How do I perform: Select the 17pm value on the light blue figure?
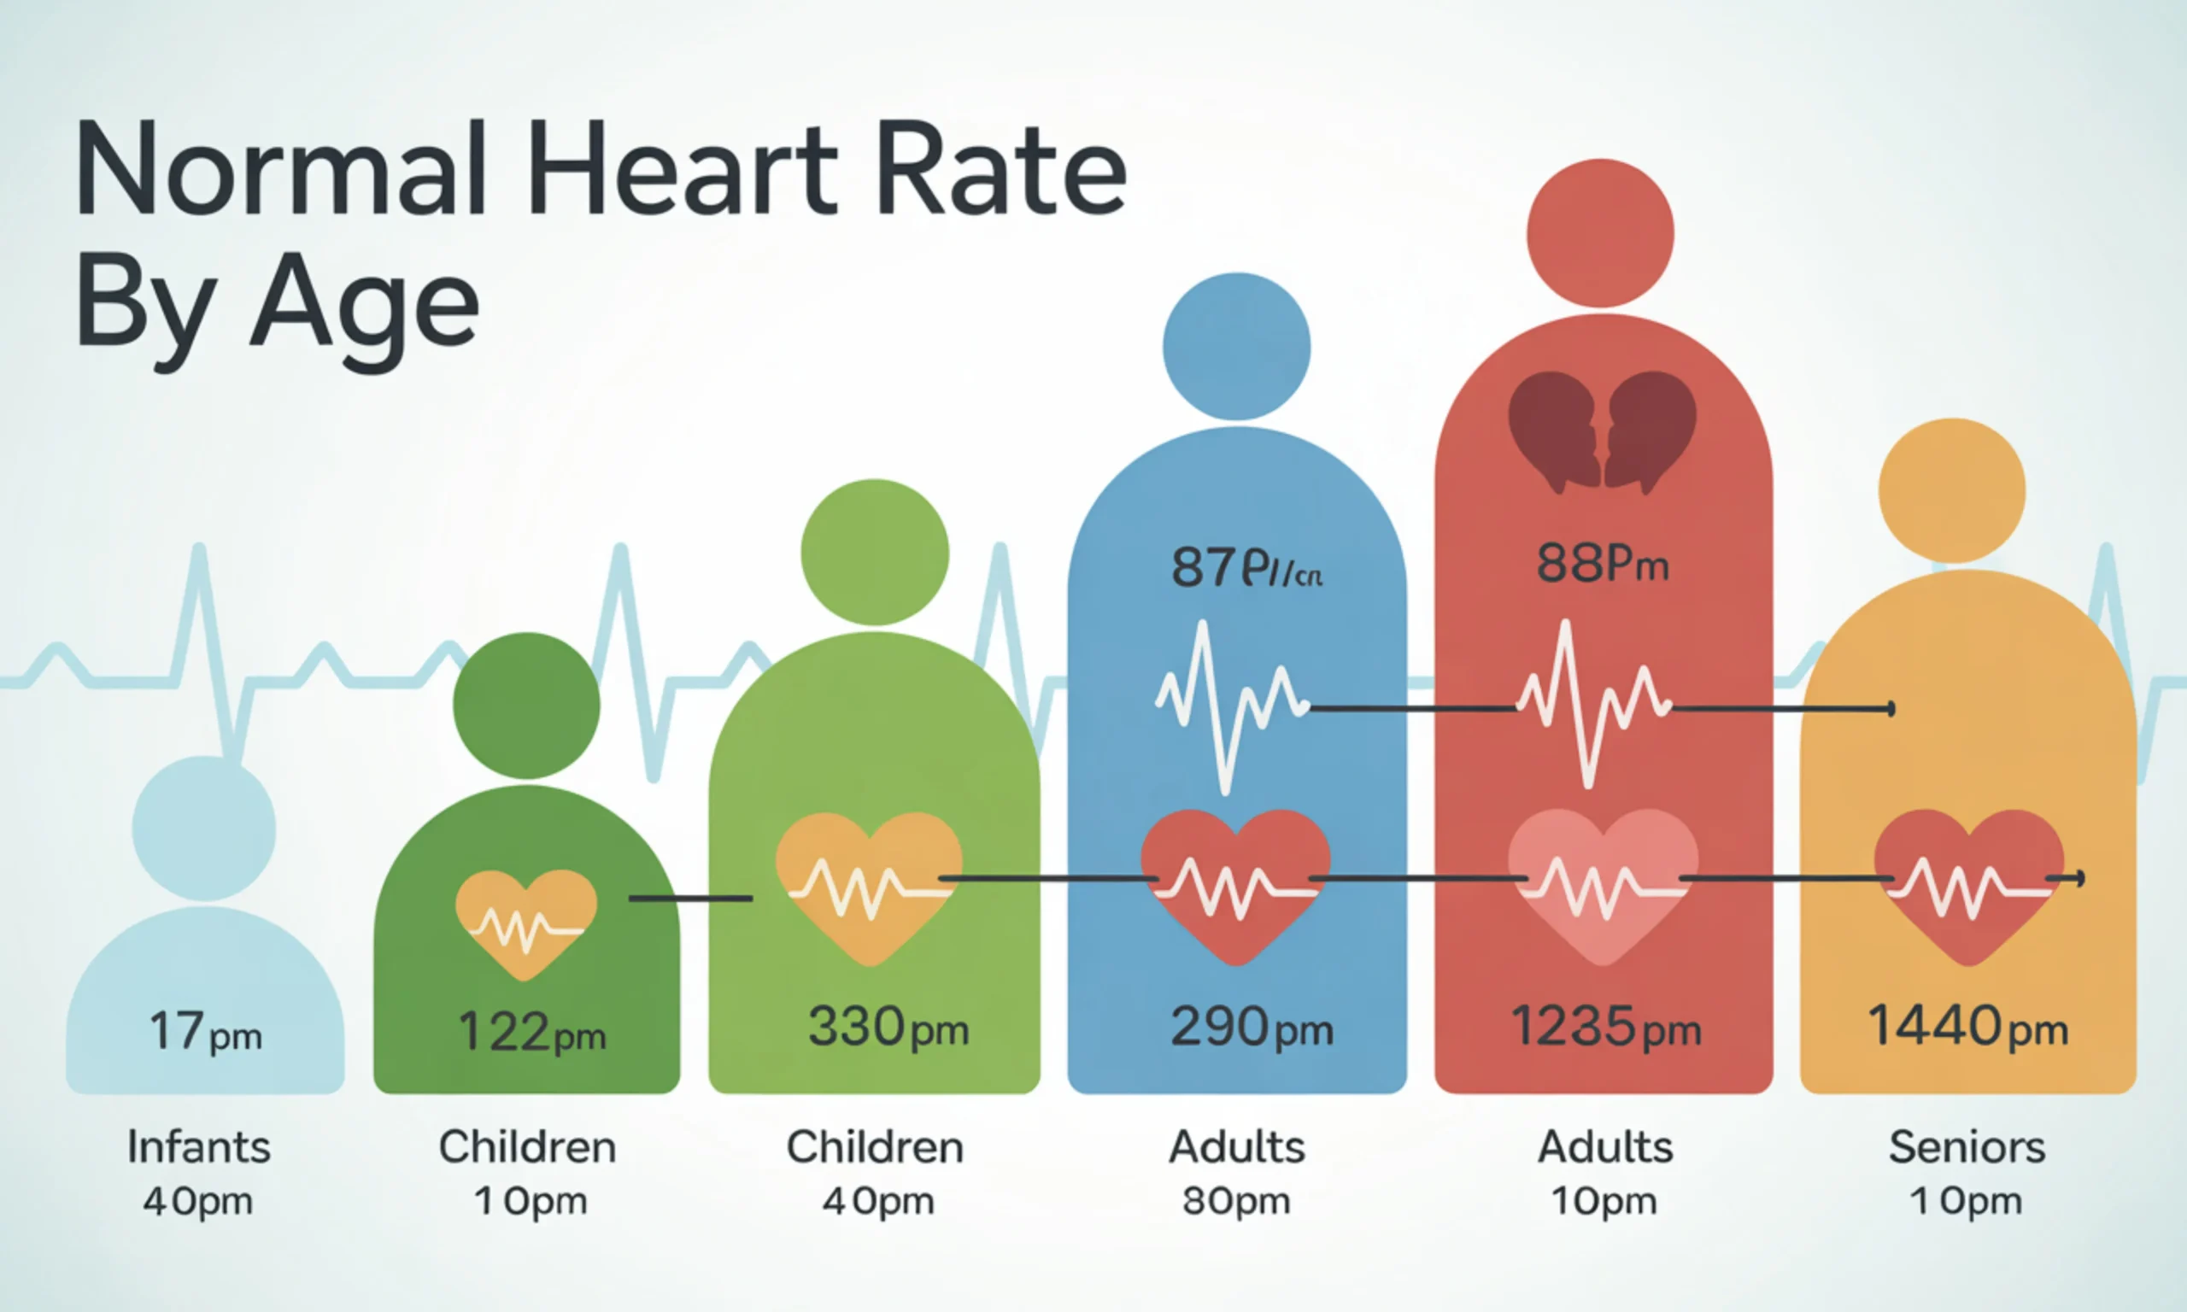[x=206, y=1032]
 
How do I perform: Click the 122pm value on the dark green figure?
[x=531, y=1032]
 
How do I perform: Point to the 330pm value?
[x=888, y=1028]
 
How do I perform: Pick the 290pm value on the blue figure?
[x=1251, y=1028]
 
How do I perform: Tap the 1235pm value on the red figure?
[x=1604, y=1028]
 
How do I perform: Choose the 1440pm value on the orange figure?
[x=1967, y=1028]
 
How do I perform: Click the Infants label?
[x=199, y=1147]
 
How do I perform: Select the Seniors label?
[x=1967, y=1147]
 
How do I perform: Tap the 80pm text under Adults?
[x=1236, y=1201]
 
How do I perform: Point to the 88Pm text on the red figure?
[x=1602, y=563]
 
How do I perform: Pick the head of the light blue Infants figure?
[x=204, y=828]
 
